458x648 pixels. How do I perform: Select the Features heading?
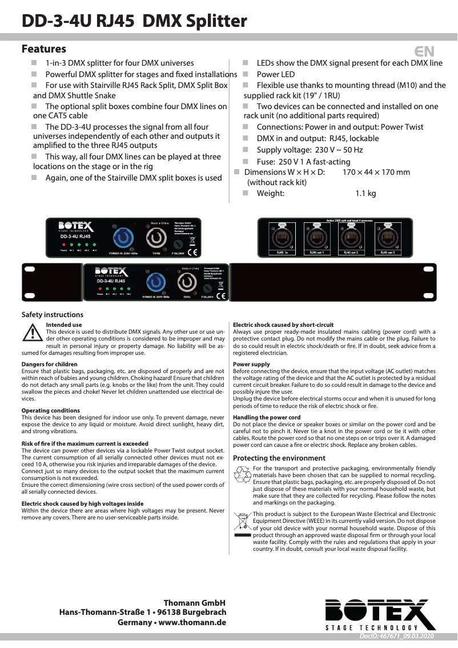pos(44,49)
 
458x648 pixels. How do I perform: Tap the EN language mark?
pos(424,51)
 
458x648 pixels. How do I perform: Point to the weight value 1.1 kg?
pos(365,193)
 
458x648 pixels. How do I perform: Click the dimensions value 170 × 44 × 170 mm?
pos(376,172)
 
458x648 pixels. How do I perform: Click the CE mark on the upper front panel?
pos(193,251)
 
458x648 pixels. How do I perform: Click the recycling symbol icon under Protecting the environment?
pos(243,474)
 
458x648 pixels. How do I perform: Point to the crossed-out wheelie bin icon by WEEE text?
pos(243,521)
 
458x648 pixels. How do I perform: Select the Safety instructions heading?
pos(52,314)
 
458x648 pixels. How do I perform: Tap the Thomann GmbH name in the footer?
pos(194,603)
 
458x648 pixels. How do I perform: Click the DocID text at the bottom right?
pos(397,636)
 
